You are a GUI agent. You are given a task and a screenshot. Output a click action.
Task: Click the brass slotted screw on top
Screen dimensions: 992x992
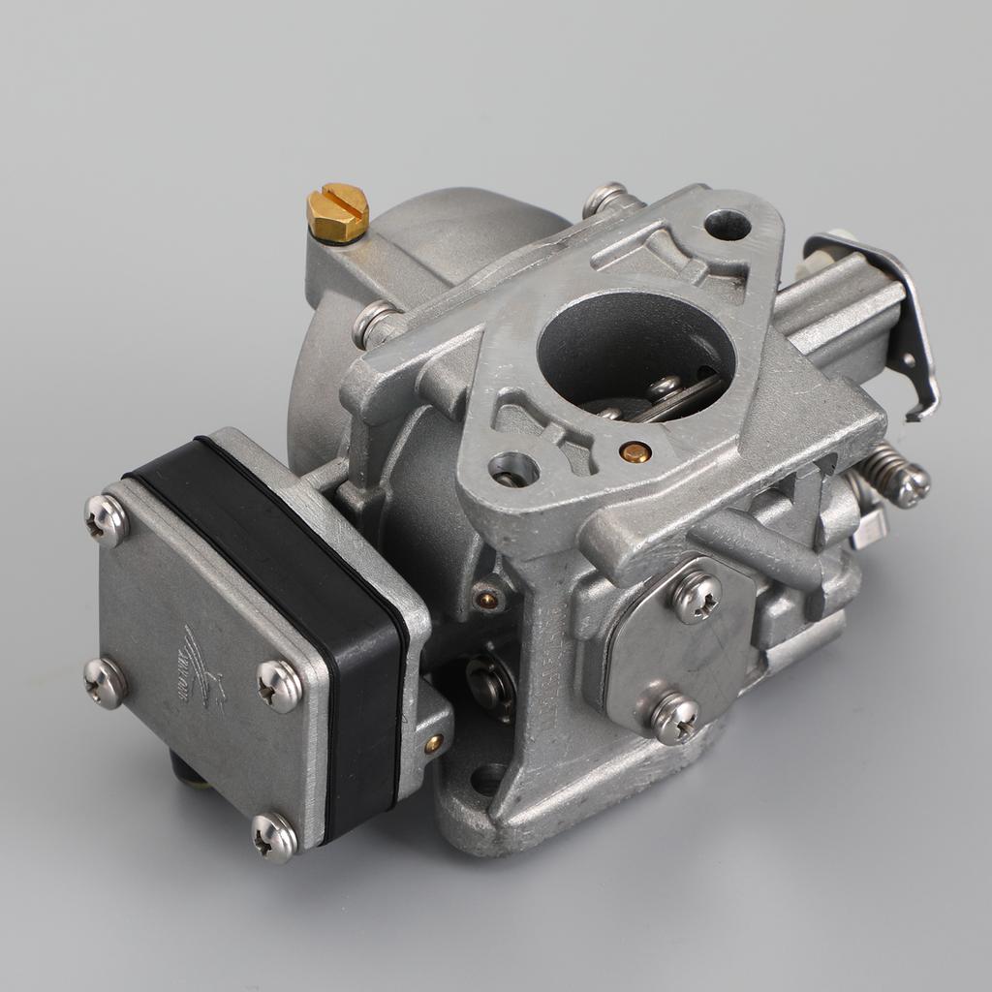coord(337,210)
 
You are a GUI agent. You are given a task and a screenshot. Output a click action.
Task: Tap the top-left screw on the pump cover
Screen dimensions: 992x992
coord(107,520)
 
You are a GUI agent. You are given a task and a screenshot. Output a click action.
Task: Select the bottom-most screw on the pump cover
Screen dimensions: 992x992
coord(274,836)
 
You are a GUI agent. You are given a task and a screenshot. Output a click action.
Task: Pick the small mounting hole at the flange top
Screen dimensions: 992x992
coord(728,225)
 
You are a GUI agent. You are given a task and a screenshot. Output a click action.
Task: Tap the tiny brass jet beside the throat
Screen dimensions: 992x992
coord(635,451)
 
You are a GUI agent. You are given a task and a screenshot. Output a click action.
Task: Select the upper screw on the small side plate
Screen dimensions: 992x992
coord(697,595)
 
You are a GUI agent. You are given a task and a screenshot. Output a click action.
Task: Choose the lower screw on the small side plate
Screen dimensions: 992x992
coord(674,717)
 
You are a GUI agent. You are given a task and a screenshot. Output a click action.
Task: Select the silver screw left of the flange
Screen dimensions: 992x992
coord(373,322)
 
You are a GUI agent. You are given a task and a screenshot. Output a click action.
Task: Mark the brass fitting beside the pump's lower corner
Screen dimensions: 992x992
coord(433,743)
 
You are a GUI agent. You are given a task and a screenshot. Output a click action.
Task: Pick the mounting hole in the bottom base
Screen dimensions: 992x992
coord(488,777)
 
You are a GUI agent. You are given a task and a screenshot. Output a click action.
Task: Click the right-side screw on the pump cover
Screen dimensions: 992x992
coord(280,686)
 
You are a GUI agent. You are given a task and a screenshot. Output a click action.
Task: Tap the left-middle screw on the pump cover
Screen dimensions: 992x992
coord(105,681)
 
